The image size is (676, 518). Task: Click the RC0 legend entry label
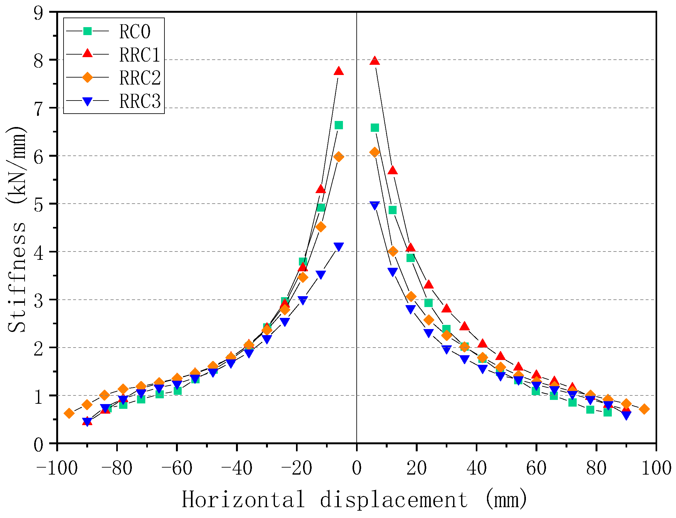click(134, 31)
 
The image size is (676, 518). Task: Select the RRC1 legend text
click(140, 55)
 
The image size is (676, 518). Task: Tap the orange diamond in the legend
click(87, 77)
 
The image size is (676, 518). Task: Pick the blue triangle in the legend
click(87, 101)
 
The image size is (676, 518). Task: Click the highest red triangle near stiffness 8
click(375, 61)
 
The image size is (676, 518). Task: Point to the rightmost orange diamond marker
click(644, 409)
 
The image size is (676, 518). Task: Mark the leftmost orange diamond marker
click(69, 414)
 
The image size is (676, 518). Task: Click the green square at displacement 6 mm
click(375, 128)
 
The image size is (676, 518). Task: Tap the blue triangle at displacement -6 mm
click(338, 246)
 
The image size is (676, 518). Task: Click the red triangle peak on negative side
click(338, 71)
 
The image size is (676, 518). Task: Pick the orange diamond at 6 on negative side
click(338, 157)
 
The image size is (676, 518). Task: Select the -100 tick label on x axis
click(57, 469)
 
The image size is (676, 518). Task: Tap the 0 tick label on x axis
click(356, 469)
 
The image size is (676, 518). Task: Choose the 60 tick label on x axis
click(536, 469)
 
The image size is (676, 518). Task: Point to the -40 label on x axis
click(237, 469)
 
